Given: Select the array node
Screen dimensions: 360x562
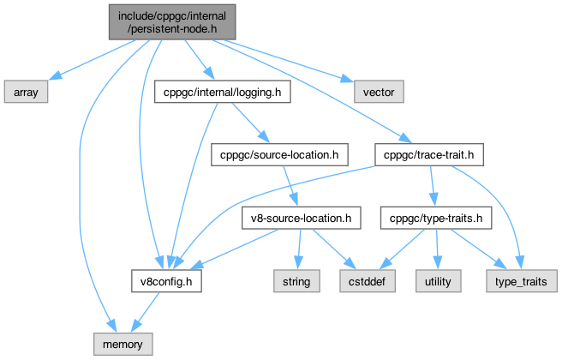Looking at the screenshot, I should (x=26, y=89).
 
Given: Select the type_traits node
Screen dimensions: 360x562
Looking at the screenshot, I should (x=523, y=280).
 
